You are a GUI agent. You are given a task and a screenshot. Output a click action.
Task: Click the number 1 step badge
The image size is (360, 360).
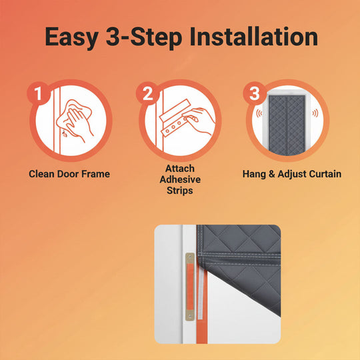[x=39, y=93]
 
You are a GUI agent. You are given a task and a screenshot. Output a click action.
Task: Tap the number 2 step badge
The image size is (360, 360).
[x=148, y=93]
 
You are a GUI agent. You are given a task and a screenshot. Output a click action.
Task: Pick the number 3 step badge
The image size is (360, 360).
[x=254, y=93]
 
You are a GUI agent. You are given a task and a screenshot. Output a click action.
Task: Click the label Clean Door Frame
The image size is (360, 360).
[x=69, y=174]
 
